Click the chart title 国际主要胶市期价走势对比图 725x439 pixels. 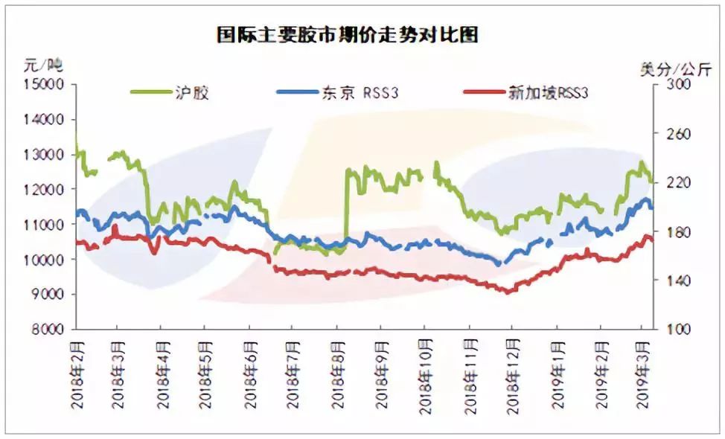348,35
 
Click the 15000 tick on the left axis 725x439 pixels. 48,84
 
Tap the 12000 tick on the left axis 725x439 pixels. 48,189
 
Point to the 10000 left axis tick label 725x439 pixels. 48,260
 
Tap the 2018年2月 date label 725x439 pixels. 77,372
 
